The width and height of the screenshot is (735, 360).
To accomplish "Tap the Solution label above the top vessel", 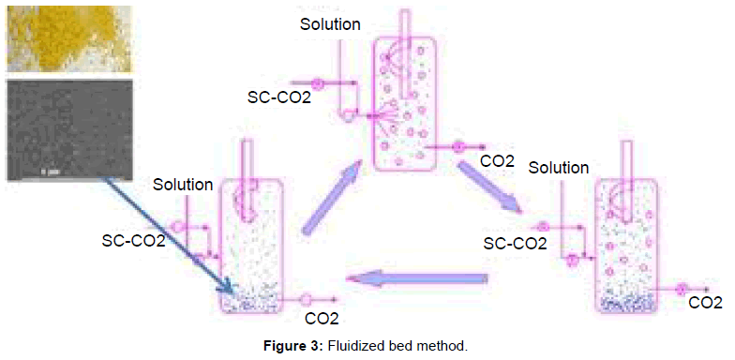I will tap(330, 24).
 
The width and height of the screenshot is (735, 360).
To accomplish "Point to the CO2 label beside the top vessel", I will tap(497, 161).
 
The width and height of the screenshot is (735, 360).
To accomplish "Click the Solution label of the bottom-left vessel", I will tap(183, 185).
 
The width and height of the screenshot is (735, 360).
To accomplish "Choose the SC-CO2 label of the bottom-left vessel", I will tap(133, 241).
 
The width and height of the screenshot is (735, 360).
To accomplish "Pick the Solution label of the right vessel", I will tap(559, 168).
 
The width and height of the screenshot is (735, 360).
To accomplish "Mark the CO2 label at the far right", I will tap(706, 303).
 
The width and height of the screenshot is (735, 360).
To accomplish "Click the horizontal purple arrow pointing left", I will tap(418, 278).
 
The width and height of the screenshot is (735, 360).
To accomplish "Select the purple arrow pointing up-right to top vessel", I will tap(330, 197).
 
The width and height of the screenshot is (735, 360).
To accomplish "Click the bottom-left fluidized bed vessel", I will tap(251, 246).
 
